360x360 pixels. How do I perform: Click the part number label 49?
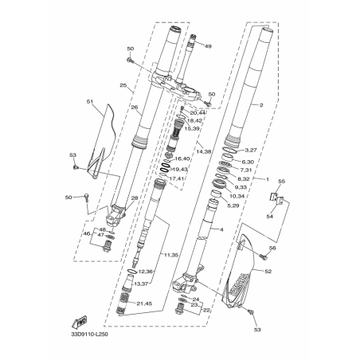208,47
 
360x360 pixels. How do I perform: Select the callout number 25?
123,85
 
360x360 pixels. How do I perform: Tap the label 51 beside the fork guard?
90,101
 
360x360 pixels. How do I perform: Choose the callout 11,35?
170,254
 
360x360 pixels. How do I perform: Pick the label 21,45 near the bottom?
166,304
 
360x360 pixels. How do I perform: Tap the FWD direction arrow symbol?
80,323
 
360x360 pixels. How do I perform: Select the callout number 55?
280,182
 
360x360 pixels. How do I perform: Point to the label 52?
268,272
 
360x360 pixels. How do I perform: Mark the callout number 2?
283,104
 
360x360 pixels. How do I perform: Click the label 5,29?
233,206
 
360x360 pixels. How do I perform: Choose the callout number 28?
135,198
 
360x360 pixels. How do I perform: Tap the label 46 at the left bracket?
87,234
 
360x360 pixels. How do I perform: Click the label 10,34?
237,197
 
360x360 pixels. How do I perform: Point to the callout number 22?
208,310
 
